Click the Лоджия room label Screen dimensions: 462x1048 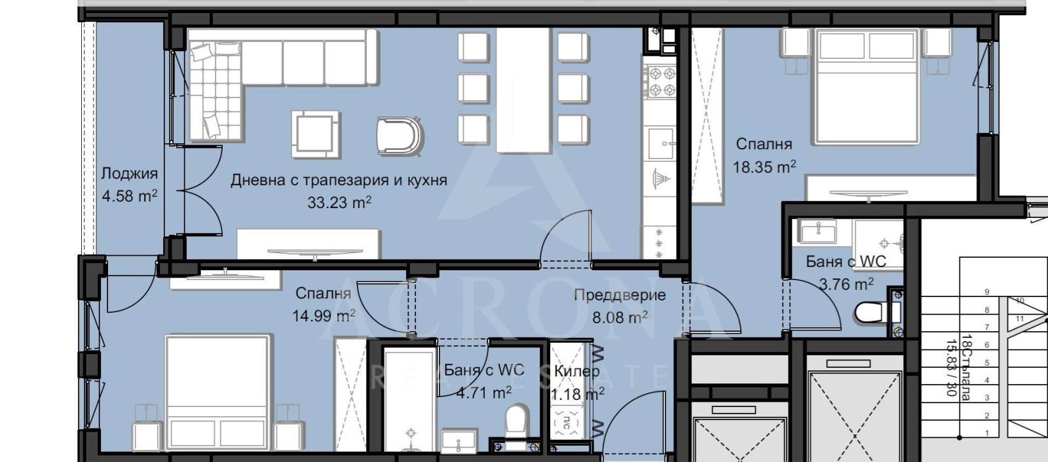click(x=129, y=173)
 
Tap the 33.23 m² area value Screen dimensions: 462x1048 click(x=339, y=202)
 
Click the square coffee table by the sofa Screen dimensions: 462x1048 click(x=316, y=134)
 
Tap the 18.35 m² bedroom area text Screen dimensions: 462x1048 click(x=764, y=167)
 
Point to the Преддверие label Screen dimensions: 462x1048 click(x=620, y=295)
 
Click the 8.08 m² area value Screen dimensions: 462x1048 click(x=620, y=318)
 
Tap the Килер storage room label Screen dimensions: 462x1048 click(x=576, y=371)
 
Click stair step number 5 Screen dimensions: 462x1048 click(x=986, y=363)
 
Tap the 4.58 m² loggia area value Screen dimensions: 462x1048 click(x=129, y=196)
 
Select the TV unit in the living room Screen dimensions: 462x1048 click(x=308, y=244)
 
